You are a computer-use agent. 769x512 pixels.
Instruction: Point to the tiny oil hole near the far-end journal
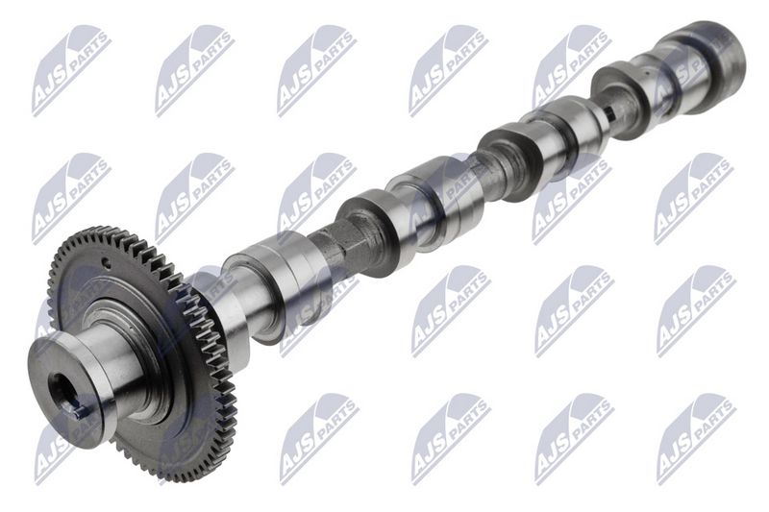pos(647,74)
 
